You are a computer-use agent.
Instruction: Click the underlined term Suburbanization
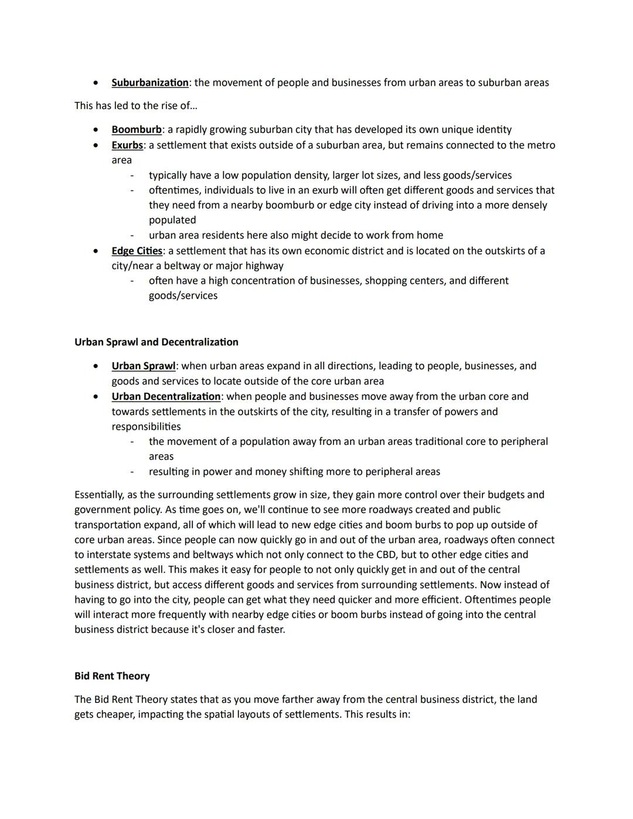click(150, 83)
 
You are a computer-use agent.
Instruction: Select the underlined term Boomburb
click(137, 130)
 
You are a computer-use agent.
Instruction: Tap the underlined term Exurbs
click(127, 145)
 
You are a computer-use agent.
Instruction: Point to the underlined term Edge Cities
click(137, 251)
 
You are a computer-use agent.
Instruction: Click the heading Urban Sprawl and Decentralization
click(156, 342)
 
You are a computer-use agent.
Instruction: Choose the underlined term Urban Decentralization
click(166, 396)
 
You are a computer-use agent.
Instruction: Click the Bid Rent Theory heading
click(112, 676)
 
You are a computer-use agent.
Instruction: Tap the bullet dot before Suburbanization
click(96, 83)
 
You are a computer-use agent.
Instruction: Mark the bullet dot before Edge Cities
click(96, 251)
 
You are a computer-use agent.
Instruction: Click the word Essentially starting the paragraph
click(98, 495)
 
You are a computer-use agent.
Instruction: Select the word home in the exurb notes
click(430, 235)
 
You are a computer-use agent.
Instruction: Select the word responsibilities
click(146, 426)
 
